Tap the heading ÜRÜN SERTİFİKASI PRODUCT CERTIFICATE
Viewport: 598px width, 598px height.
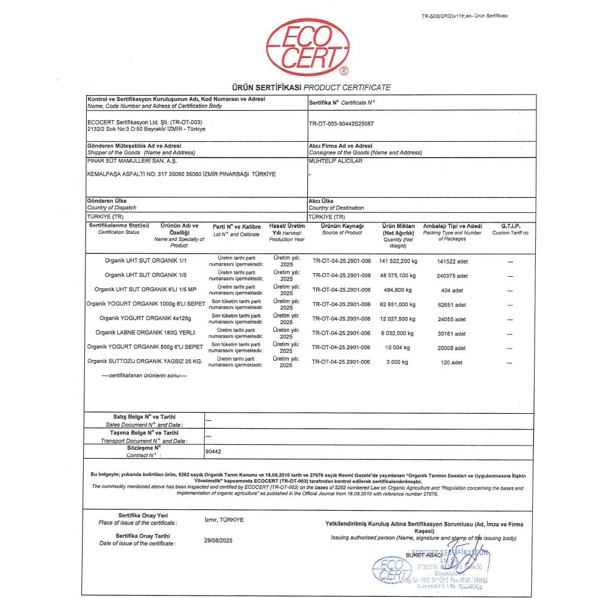307,87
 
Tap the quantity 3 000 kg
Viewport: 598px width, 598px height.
396,362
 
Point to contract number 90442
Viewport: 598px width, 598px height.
213,452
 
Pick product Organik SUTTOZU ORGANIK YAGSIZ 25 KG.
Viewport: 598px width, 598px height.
145,361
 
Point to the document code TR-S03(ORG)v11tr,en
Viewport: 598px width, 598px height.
464,16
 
